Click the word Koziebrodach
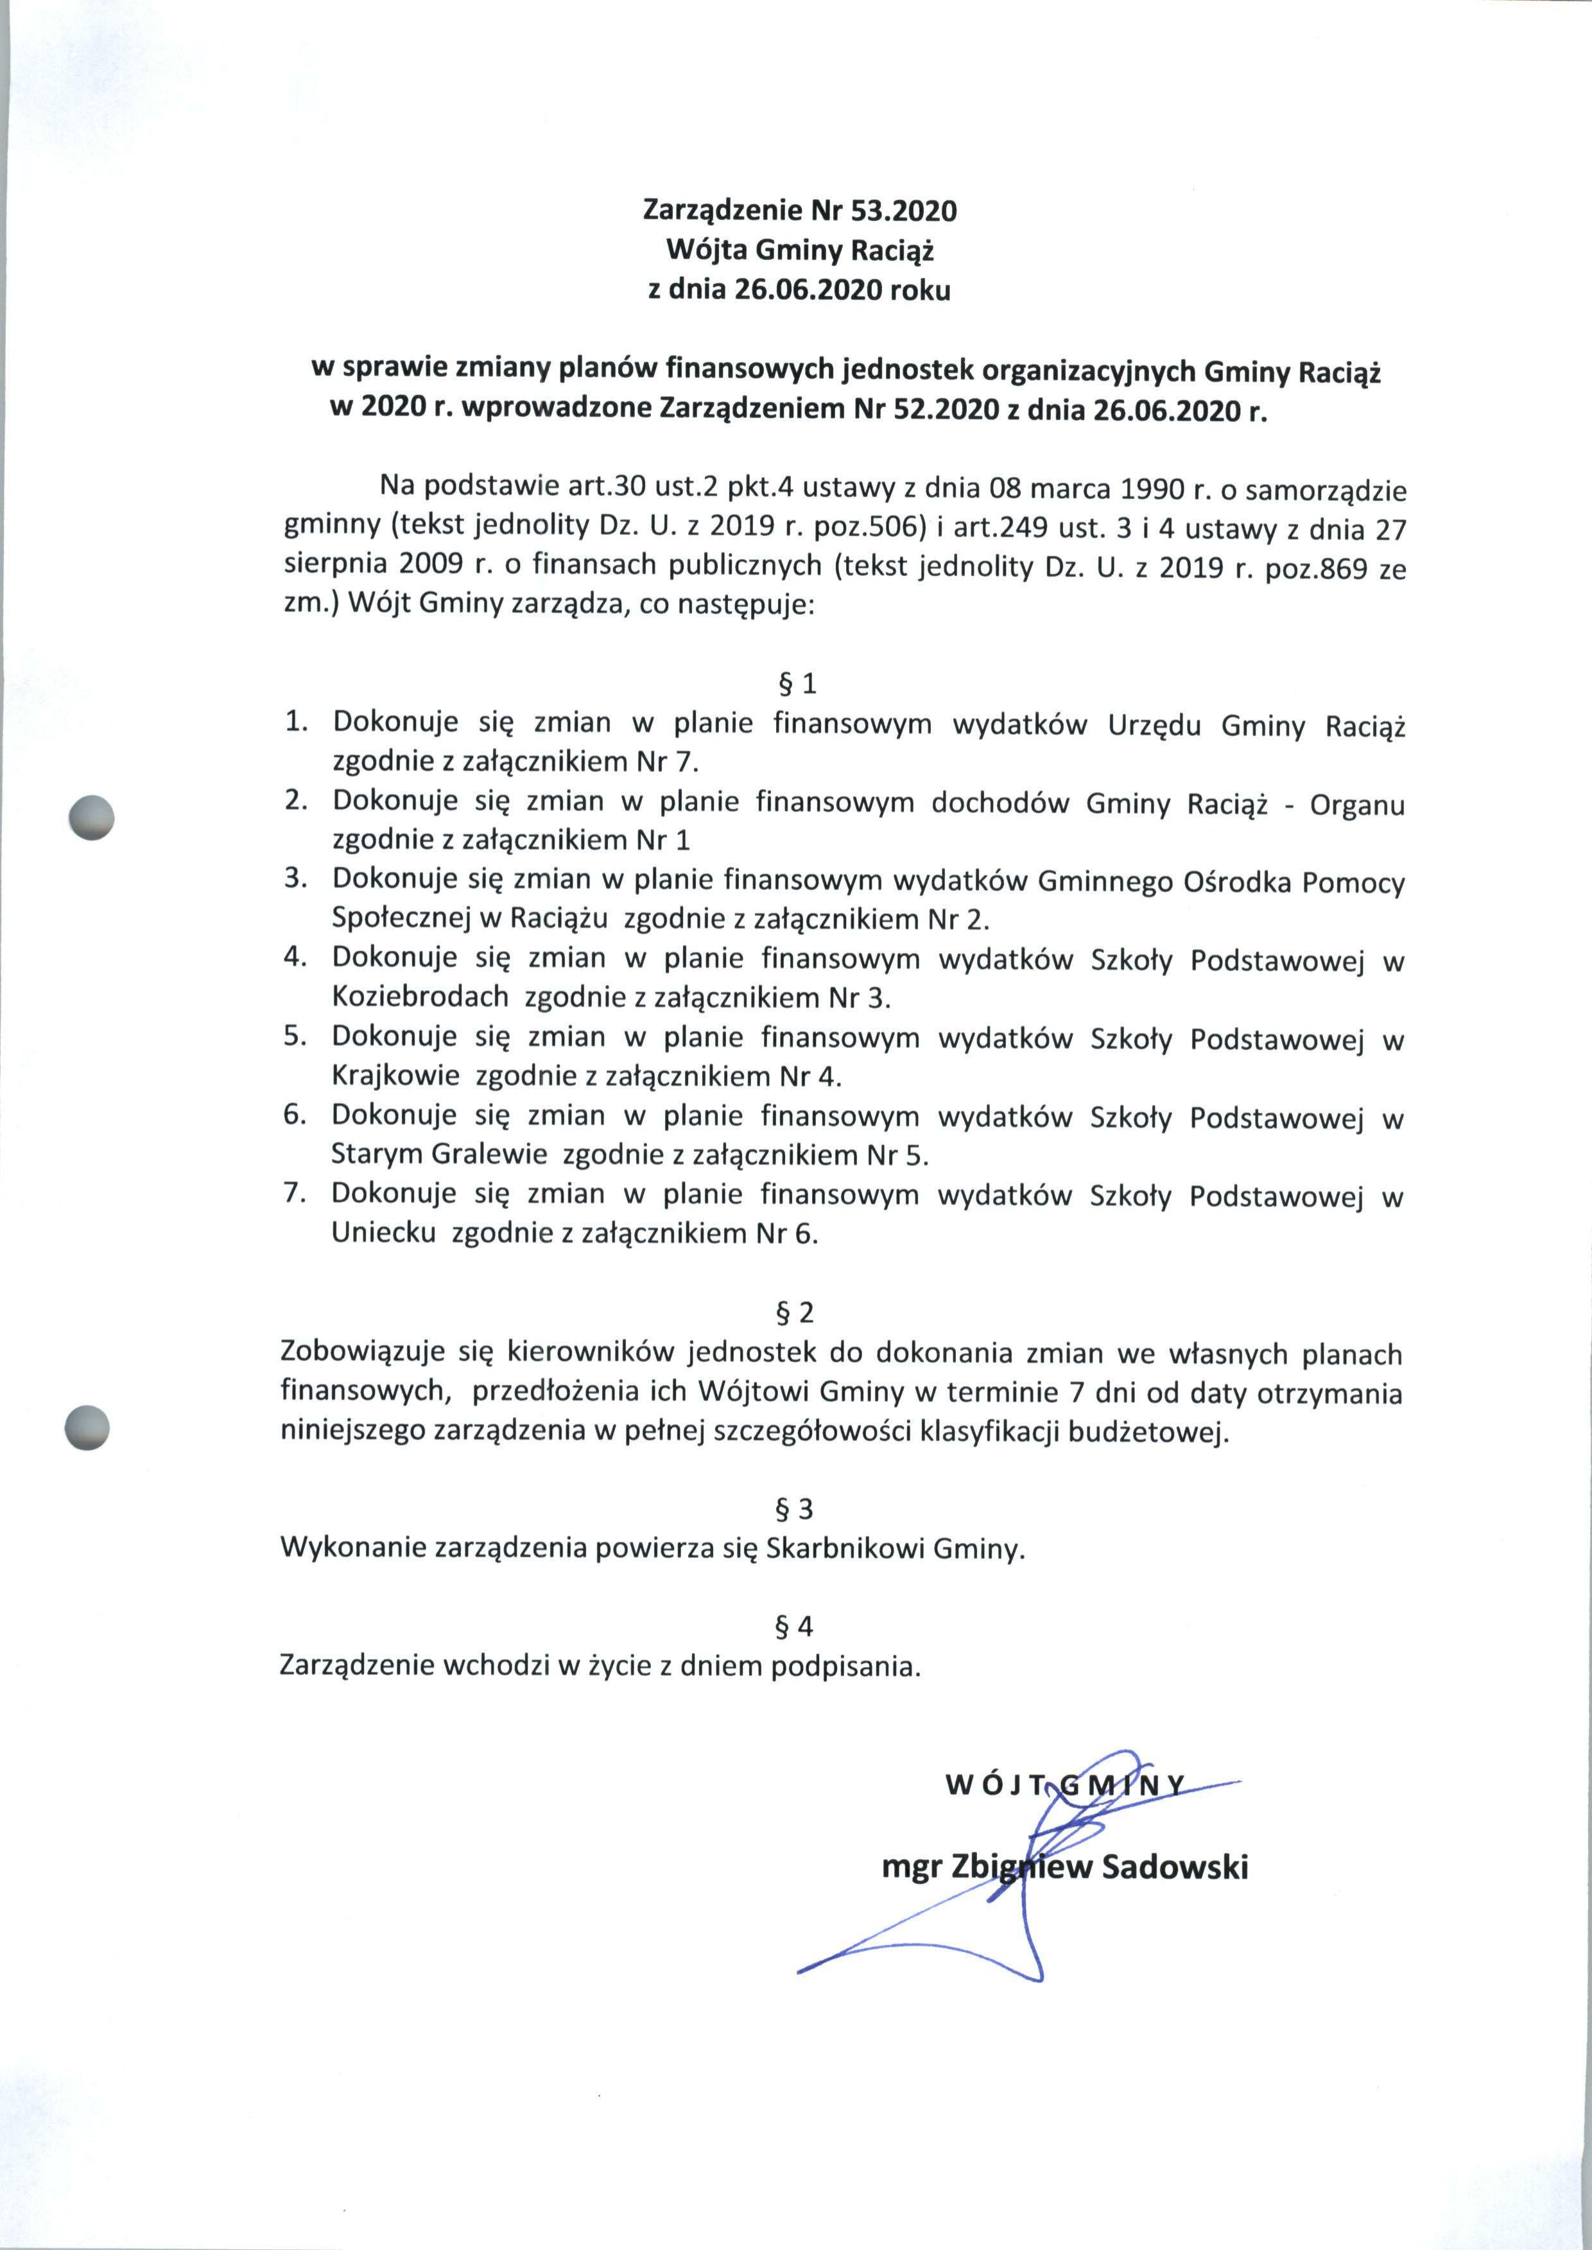pos(420,997)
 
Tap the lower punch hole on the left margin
pos(86,1426)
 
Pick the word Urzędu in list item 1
pos(1154,726)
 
